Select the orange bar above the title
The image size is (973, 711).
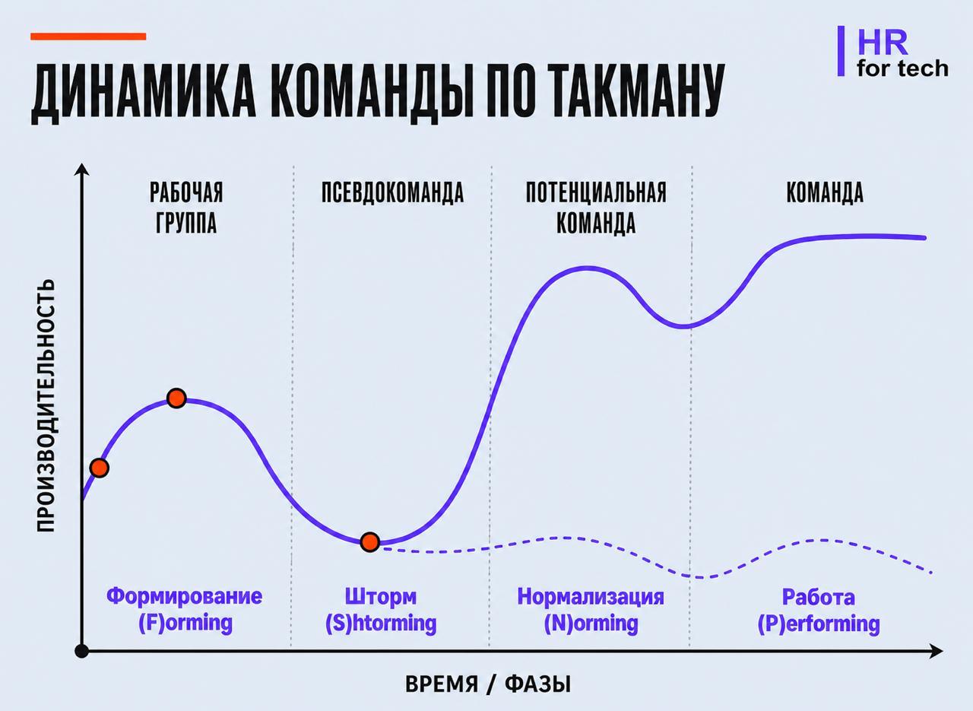tap(88, 37)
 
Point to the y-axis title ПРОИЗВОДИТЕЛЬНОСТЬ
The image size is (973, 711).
tap(45, 405)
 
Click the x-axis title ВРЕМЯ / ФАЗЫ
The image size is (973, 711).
tap(488, 684)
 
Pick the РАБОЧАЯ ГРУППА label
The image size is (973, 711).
tap(186, 208)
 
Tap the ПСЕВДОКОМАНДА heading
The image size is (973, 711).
tap(393, 192)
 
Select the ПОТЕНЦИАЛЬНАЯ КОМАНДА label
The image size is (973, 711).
tap(596, 208)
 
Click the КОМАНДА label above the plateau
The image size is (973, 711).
tap(825, 192)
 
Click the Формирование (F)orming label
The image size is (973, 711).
tap(185, 610)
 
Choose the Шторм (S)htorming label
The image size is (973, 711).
tap(381, 610)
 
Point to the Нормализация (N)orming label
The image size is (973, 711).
tap(591, 610)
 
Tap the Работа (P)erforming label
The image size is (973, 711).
tap(819, 611)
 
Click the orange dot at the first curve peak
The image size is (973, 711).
tap(177, 398)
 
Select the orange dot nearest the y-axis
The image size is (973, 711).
tap(100, 468)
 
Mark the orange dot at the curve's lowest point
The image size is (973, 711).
tap(370, 542)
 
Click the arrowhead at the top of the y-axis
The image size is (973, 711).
tap(81, 169)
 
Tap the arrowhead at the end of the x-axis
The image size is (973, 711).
tap(936, 651)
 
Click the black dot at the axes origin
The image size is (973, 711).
tap(81, 651)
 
